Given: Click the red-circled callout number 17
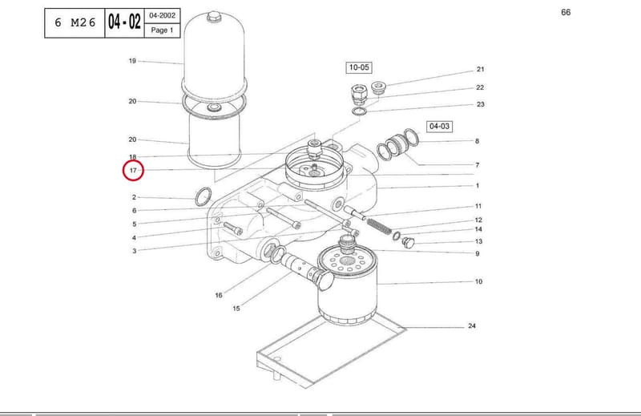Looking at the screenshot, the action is point(133,170).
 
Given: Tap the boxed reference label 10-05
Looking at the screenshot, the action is point(359,67).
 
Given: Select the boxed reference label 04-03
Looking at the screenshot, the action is point(439,127).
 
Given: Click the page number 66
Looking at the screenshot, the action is point(566,12).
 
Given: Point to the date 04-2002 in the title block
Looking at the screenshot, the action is point(163,15).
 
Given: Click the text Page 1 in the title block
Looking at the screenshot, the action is point(163,30).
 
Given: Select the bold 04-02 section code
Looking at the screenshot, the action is point(124,22).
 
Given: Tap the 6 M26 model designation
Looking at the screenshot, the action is point(75,22).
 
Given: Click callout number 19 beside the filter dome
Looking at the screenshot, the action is point(132,61).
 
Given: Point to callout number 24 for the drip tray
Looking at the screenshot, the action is point(472,326).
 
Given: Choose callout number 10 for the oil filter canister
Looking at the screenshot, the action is point(478,281).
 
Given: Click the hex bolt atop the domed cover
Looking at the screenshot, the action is point(213,17).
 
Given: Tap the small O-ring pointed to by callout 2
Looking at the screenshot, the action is point(204,196).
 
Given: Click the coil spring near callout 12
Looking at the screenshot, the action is point(379,225).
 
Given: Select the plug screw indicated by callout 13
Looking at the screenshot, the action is point(408,242).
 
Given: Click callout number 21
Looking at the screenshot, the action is point(480,70).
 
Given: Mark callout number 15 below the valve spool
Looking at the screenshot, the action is point(236,309).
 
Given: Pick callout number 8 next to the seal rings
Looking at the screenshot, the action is point(477,141).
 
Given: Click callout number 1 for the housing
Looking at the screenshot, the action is point(477,186).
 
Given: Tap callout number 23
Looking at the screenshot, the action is point(480,104).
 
